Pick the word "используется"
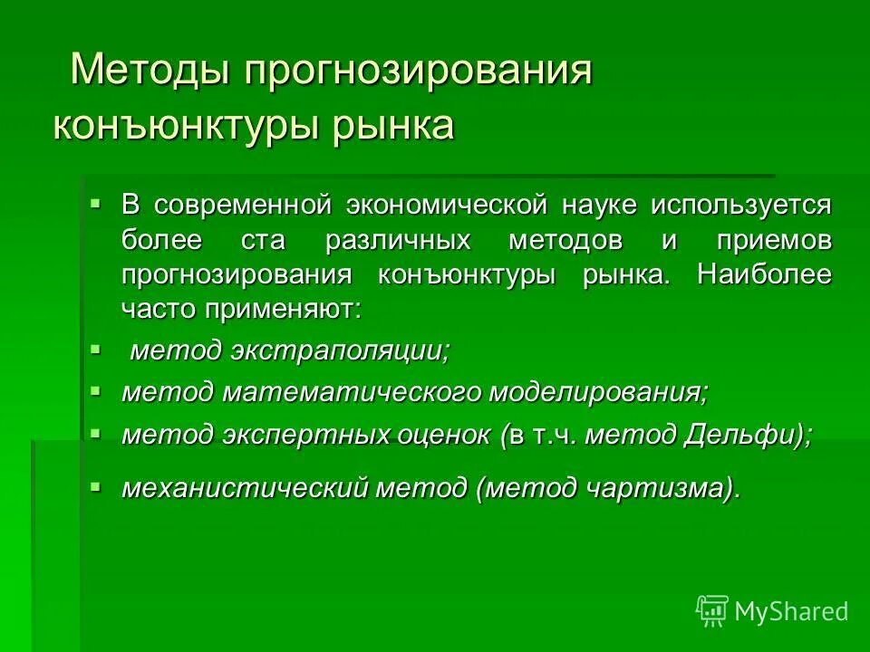click(739, 205)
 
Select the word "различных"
click(398, 240)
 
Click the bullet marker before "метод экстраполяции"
click(97, 348)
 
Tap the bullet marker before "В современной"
click(97, 202)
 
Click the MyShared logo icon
click(711, 611)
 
